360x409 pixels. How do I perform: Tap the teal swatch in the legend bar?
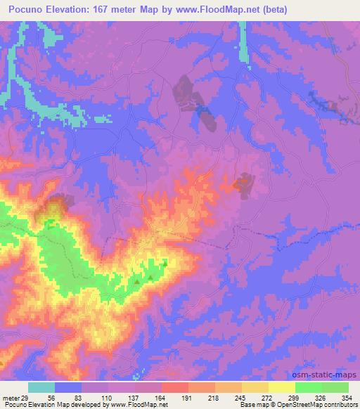pos(41,387)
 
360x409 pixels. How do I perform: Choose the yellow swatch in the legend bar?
pos(282,387)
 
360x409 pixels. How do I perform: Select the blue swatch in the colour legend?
pos(68,387)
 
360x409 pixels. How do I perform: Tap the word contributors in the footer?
pos(339,405)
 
